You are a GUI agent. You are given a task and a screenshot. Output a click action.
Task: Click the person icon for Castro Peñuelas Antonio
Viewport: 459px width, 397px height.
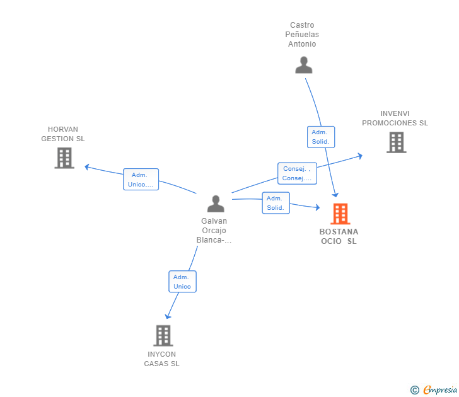304,66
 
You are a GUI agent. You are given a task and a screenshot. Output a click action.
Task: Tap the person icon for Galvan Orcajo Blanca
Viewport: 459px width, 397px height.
216,204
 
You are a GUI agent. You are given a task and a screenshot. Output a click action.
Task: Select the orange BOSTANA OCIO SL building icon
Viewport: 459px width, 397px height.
340,214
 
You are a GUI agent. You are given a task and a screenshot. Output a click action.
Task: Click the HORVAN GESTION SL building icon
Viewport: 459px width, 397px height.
64,158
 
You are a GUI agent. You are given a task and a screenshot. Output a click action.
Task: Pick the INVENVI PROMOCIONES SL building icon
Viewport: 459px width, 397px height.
396,142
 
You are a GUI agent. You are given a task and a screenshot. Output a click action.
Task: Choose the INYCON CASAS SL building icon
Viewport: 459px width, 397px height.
163,335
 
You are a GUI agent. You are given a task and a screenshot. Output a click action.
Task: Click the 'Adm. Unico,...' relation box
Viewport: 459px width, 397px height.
141,180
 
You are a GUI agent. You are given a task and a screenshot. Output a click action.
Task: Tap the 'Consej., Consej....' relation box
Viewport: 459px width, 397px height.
296,173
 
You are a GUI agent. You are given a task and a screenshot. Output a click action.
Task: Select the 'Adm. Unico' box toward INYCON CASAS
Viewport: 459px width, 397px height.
182,282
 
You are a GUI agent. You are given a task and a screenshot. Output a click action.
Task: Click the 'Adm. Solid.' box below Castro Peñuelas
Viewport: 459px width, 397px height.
321,137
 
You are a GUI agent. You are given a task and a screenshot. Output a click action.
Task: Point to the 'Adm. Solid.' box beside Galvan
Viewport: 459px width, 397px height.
276,203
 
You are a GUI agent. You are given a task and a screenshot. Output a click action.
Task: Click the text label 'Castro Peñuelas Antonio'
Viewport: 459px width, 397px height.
303,35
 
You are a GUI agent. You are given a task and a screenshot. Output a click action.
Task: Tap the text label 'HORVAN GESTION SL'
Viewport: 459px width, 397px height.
63,134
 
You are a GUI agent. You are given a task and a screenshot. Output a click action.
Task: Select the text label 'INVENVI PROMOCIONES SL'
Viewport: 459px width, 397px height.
395,118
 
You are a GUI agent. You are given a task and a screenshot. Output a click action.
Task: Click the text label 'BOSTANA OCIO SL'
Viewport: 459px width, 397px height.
339,236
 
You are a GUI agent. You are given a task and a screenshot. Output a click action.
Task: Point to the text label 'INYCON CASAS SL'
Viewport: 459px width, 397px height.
162,359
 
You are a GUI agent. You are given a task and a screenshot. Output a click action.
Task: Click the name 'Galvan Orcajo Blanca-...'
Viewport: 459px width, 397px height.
214,231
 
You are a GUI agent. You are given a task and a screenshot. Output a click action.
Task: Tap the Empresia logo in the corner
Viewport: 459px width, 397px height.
439,390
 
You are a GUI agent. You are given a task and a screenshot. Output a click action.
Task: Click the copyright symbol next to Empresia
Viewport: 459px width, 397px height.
414,390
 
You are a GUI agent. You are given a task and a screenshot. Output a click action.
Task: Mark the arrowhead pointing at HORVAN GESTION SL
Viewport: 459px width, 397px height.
87,167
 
